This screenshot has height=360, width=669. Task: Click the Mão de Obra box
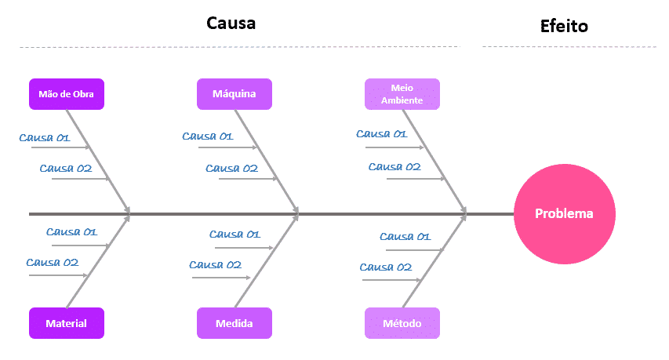click(67, 94)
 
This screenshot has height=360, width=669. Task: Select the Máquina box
click(235, 94)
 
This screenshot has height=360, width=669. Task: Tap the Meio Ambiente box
click(402, 94)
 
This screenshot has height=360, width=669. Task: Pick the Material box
click(67, 323)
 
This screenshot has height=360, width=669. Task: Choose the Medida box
click(235, 323)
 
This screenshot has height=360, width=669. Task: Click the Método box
click(402, 323)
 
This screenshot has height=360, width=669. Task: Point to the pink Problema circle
click(565, 213)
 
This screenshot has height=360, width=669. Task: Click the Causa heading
click(231, 23)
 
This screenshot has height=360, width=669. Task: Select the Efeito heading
click(565, 27)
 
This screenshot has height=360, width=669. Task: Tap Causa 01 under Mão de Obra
click(45, 138)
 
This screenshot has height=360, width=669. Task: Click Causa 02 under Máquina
click(232, 168)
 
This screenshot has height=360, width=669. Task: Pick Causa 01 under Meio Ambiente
click(382, 133)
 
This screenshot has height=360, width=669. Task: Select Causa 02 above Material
click(53, 262)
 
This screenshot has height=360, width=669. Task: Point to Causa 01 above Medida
click(235, 234)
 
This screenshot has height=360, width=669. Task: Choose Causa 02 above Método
click(387, 267)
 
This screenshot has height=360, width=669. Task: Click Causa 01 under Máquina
click(208, 136)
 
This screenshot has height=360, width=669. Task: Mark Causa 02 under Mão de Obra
click(66, 168)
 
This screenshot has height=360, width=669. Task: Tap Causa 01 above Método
click(405, 236)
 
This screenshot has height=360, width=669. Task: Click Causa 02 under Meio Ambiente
click(394, 166)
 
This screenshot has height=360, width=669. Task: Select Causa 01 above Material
click(71, 231)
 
